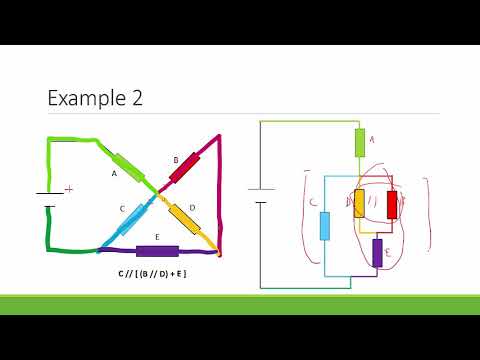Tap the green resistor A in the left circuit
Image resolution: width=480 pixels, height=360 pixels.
[129, 166]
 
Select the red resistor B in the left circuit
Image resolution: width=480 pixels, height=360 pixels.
[186, 168]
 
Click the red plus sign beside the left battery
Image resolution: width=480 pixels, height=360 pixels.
[69, 188]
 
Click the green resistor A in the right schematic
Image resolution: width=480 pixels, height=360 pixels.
[360, 143]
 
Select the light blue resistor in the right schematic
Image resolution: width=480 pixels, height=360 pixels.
[325, 226]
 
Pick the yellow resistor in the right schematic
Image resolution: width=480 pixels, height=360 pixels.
[359, 204]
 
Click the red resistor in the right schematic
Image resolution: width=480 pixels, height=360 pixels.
[392, 204]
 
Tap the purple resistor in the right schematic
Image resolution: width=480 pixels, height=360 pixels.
[377, 251]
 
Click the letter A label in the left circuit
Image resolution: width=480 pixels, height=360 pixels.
[114, 173]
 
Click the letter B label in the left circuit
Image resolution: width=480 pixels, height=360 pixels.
[175, 158]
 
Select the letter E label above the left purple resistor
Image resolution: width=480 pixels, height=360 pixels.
[156, 236]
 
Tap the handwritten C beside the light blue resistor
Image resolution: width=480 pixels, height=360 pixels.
[312, 203]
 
